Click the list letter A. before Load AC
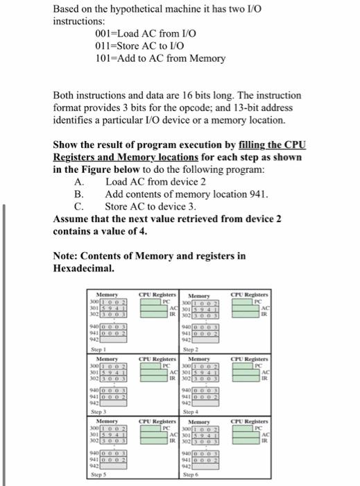click(x=78, y=181)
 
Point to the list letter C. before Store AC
click(x=78, y=206)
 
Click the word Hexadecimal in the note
click(x=82, y=267)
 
